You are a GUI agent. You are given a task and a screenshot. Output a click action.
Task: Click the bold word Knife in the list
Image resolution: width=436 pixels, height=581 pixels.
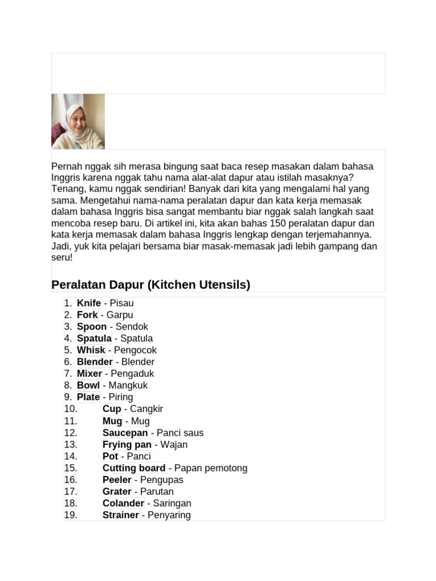(89, 303)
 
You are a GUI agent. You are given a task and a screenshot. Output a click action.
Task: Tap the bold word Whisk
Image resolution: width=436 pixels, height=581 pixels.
(91, 350)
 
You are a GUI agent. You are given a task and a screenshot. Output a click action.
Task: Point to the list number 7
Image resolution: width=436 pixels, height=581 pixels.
(68, 373)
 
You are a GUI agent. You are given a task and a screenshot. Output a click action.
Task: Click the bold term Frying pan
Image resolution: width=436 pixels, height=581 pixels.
(127, 444)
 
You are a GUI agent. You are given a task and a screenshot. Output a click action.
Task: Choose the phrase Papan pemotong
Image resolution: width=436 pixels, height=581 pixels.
(211, 468)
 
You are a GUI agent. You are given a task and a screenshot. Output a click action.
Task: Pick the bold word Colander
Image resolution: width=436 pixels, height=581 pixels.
(123, 503)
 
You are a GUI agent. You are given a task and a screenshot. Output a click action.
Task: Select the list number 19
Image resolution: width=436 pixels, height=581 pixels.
(70, 515)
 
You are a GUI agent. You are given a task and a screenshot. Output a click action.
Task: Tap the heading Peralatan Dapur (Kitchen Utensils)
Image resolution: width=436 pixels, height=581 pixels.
(150, 285)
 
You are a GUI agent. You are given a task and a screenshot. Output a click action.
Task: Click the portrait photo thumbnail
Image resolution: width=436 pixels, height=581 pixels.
(78, 121)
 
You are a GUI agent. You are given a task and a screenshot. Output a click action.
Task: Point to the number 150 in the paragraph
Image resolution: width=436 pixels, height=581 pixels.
(278, 223)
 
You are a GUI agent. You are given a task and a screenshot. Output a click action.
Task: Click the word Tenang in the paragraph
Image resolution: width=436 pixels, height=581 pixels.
(66, 189)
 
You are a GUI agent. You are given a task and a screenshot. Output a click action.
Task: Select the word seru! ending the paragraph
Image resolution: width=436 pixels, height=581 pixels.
(62, 257)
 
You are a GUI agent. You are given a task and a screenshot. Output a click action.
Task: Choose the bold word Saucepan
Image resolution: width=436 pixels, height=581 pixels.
(125, 433)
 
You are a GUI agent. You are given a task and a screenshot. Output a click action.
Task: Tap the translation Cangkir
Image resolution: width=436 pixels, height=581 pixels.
(146, 409)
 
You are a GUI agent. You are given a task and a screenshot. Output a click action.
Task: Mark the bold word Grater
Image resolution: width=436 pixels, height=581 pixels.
(117, 491)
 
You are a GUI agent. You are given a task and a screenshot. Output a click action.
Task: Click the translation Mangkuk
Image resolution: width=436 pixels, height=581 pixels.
(128, 385)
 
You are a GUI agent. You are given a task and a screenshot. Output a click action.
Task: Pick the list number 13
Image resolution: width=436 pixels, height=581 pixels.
(70, 444)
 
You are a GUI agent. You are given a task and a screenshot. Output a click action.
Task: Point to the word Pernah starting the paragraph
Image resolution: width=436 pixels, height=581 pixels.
(66, 166)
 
